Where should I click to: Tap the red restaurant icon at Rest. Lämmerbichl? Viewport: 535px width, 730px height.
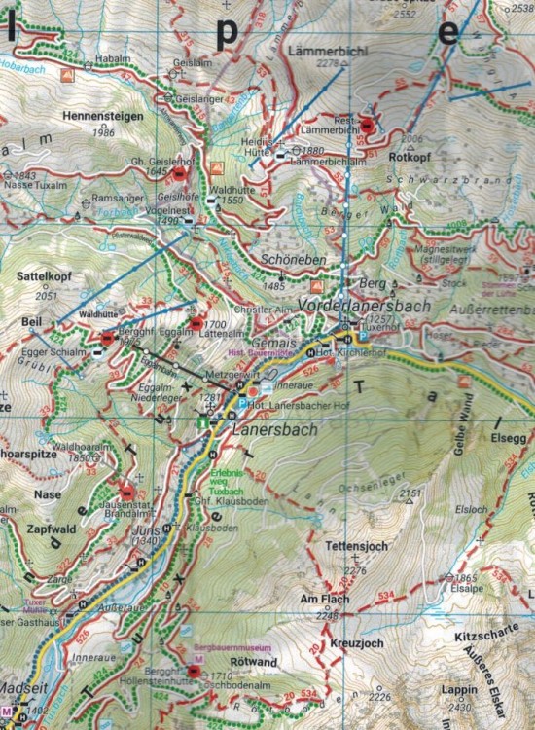point(367,125)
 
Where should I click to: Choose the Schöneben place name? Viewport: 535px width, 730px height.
point(289,261)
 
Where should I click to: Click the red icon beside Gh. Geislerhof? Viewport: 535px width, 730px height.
point(180,173)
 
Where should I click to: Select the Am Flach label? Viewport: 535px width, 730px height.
point(324,600)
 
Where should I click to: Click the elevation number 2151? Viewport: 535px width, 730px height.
point(412,493)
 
